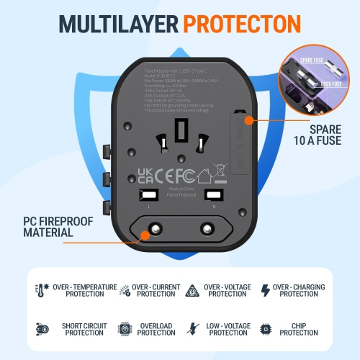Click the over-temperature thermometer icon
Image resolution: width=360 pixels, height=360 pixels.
[39, 290]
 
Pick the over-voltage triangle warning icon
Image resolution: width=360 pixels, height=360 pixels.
[193, 290]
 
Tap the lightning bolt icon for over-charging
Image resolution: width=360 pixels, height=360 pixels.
[264, 290]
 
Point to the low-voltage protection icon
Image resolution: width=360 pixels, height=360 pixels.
[193, 328]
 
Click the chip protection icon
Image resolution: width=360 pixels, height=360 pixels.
[264, 328]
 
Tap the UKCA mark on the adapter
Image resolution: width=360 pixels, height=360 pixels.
[144, 175]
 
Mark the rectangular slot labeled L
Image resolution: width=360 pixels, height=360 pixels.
[148, 195]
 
